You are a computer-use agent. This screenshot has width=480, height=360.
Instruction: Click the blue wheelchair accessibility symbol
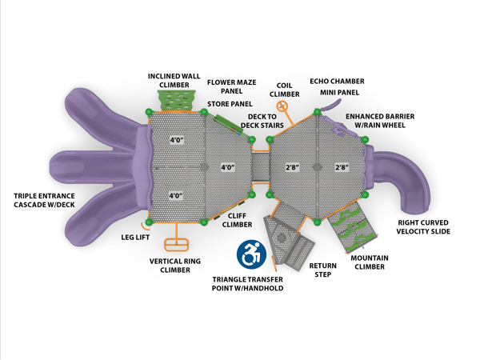[x=251, y=254]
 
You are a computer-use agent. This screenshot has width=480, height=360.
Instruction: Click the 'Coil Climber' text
[x=288, y=89]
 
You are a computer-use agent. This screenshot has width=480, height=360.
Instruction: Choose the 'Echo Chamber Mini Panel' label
[x=337, y=86]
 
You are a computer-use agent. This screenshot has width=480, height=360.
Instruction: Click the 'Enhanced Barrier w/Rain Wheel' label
[x=380, y=121]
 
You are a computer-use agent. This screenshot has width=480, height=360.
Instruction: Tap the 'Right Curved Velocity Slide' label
[x=423, y=226]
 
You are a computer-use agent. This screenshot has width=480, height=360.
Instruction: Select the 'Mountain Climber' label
[x=373, y=262]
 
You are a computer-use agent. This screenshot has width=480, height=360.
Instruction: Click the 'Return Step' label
[x=322, y=269]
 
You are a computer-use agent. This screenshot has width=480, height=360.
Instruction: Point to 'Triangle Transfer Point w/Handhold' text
[x=247, y=283]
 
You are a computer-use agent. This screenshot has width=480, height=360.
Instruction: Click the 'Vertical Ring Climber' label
[x=175, y=265]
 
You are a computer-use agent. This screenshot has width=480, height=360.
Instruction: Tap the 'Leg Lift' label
[x=135, y=237]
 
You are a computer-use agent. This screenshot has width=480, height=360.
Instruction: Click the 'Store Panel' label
[x=230, y=104]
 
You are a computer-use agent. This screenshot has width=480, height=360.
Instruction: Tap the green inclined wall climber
[x=177, y=100]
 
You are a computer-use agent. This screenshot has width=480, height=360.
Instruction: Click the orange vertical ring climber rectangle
[x=174, y=244]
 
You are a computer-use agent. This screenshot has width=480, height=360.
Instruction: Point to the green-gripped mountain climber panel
[x=352, y=226]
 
